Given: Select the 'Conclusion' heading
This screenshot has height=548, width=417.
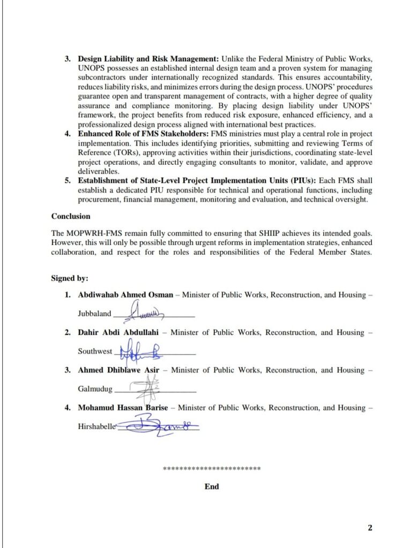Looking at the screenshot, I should pos(71,217).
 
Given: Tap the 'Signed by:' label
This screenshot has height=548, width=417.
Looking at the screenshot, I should pos(70,278).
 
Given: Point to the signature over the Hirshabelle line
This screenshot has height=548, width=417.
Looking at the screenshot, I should pos(155,427).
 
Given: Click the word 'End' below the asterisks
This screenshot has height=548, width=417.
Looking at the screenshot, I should pos(212,487).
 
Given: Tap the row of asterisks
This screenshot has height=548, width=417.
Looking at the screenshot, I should pos(212,469).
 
